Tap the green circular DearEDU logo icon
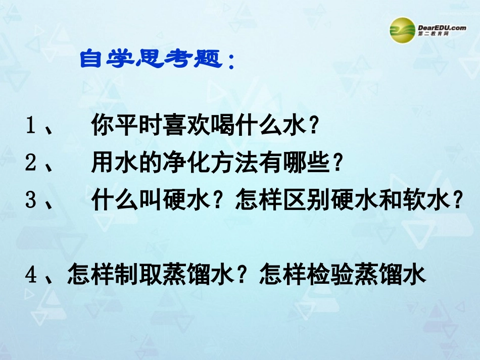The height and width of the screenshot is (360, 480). pyautogui.click(x=402, y=30)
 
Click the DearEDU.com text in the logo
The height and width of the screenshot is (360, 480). pyautogui.click(x=442, y=28)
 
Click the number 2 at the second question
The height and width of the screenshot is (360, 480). pyautogui.click(x=31, y=163)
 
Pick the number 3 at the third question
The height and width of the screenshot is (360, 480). pyautogui.click(x=31, y=201)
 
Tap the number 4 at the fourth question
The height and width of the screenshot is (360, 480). pyautogui.click(x=32, y=276)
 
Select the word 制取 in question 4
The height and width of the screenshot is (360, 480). pyautogui.click(x=138, y=276)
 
